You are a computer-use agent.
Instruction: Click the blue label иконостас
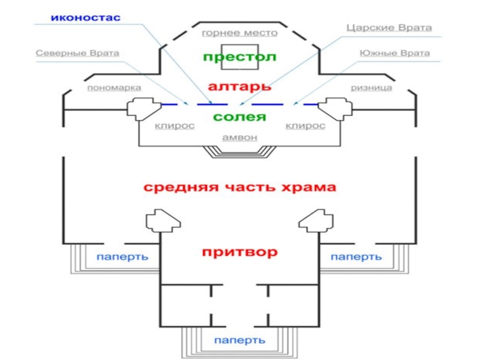click(x=86, y=17)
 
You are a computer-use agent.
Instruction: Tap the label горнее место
click(x=239, y=33)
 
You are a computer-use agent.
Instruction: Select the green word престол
click(x=239, y=57)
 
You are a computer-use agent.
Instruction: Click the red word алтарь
click(x=239, y=86)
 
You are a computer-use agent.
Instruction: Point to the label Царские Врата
click(x=389, y=28)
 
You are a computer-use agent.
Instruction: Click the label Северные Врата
click(x=77, y=53)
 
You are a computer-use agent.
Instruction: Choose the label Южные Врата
click(x=395, y=53)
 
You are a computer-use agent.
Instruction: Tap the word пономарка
click(x=114, y=88)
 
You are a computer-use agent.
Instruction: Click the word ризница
click(x=371, y=88)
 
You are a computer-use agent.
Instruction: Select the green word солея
click(x=239, y=117)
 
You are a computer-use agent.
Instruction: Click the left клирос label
click(x=175, y=126)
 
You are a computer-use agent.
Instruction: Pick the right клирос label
click(x=305, y=126)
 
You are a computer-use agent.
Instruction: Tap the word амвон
click(x=239, y=137)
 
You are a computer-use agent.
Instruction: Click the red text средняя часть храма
click(x=239, y=187)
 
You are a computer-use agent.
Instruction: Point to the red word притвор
click(x=239, y=252)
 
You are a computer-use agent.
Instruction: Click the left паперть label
click(x=122, y=257)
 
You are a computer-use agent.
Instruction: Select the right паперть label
click(x=356, y=257)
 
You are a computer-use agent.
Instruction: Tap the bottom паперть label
click(x=239, y=340)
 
